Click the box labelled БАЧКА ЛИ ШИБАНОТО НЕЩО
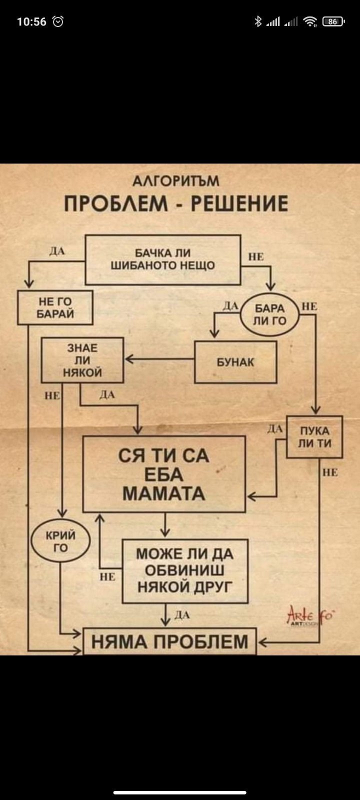pos(163,259)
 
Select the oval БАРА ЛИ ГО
pos(269,314)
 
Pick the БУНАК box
pos(235,362)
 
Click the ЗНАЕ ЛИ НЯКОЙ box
pos(82,360)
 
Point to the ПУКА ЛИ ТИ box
pos(314,437)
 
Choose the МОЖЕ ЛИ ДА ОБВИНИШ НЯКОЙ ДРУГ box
pos(185,570)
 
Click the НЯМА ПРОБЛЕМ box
pos(169,641)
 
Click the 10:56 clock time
pos(31,21)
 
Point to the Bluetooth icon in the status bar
pos(258,21)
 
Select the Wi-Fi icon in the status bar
pos(310,21)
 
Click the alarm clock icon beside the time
pos(58,21)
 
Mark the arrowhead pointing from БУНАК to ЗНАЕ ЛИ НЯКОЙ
pos(128,359)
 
